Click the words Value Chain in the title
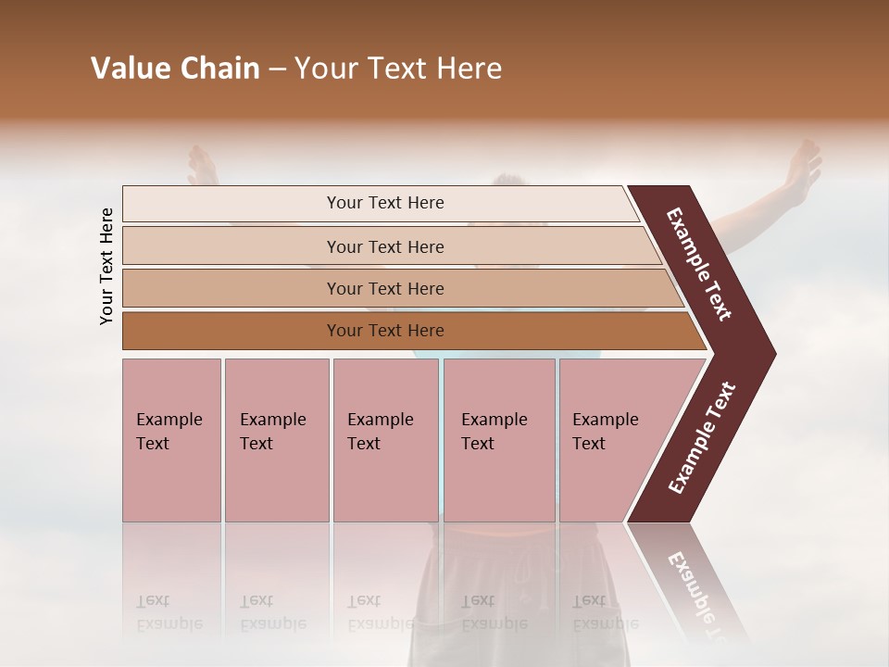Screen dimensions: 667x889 click(175, 69)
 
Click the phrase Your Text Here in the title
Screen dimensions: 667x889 click(398, 69)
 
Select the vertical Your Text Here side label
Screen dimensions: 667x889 click(106, 266)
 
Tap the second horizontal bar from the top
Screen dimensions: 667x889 click(385, 246)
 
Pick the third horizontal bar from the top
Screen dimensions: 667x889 click(385, 288)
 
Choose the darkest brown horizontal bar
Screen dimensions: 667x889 click(385, 331)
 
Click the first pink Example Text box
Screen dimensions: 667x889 click(171, 439)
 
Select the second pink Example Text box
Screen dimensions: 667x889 click(276, 439)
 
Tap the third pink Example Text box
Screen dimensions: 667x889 click(384, 439)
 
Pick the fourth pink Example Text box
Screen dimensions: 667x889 click(498, 439)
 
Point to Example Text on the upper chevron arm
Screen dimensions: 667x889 click(699, 264)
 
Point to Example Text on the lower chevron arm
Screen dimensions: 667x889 click(702, 438)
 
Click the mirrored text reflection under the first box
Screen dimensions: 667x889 click(169, 612)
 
